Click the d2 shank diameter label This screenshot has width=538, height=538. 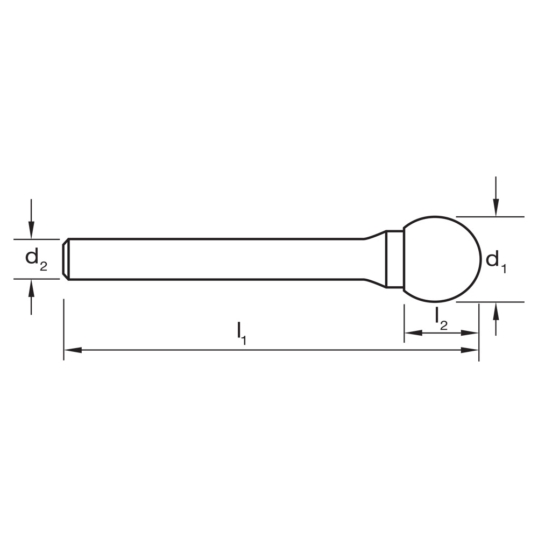36,259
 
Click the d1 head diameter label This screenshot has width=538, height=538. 495,261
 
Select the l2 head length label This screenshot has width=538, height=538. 441,317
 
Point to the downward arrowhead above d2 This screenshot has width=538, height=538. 32,232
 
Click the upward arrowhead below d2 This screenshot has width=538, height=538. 32,286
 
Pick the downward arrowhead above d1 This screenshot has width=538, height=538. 496,209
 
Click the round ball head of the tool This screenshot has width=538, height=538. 441,259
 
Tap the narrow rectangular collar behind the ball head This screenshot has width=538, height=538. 395,259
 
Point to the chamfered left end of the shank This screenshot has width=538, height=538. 65,259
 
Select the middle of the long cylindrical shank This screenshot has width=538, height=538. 215,259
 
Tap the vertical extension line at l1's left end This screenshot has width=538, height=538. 63,328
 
